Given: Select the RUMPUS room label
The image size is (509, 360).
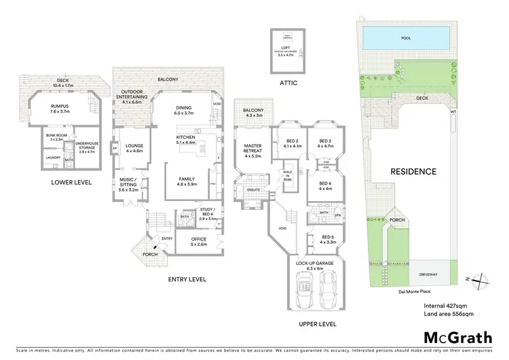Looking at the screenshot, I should click(60, 109).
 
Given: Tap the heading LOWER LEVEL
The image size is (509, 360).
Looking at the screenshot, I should click(71, 183).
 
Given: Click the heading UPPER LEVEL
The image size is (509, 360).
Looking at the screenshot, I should click(316, 325).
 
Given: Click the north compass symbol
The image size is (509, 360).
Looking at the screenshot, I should click(480, 279).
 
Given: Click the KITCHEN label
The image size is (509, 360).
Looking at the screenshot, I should click(186, 139).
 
